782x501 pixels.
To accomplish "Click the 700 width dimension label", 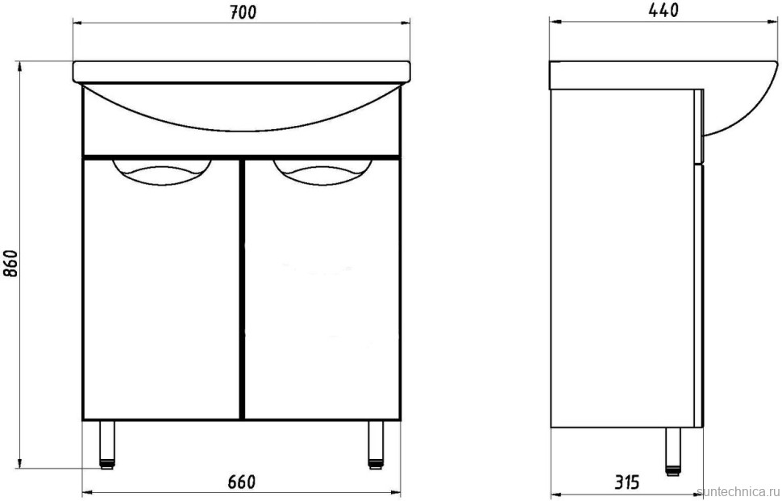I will [241, 12].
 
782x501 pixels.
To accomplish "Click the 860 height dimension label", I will [12, 262].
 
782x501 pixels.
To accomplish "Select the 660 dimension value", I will [241, 482].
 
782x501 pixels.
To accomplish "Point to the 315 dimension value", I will [626, 482].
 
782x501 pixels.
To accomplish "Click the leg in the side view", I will [672, 449].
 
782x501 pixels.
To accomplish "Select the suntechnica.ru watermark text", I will [737, 491].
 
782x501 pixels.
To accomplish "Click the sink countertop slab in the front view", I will [242, 71].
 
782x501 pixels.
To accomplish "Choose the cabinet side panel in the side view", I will [621, 258].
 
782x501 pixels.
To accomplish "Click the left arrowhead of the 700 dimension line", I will [77, 23].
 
